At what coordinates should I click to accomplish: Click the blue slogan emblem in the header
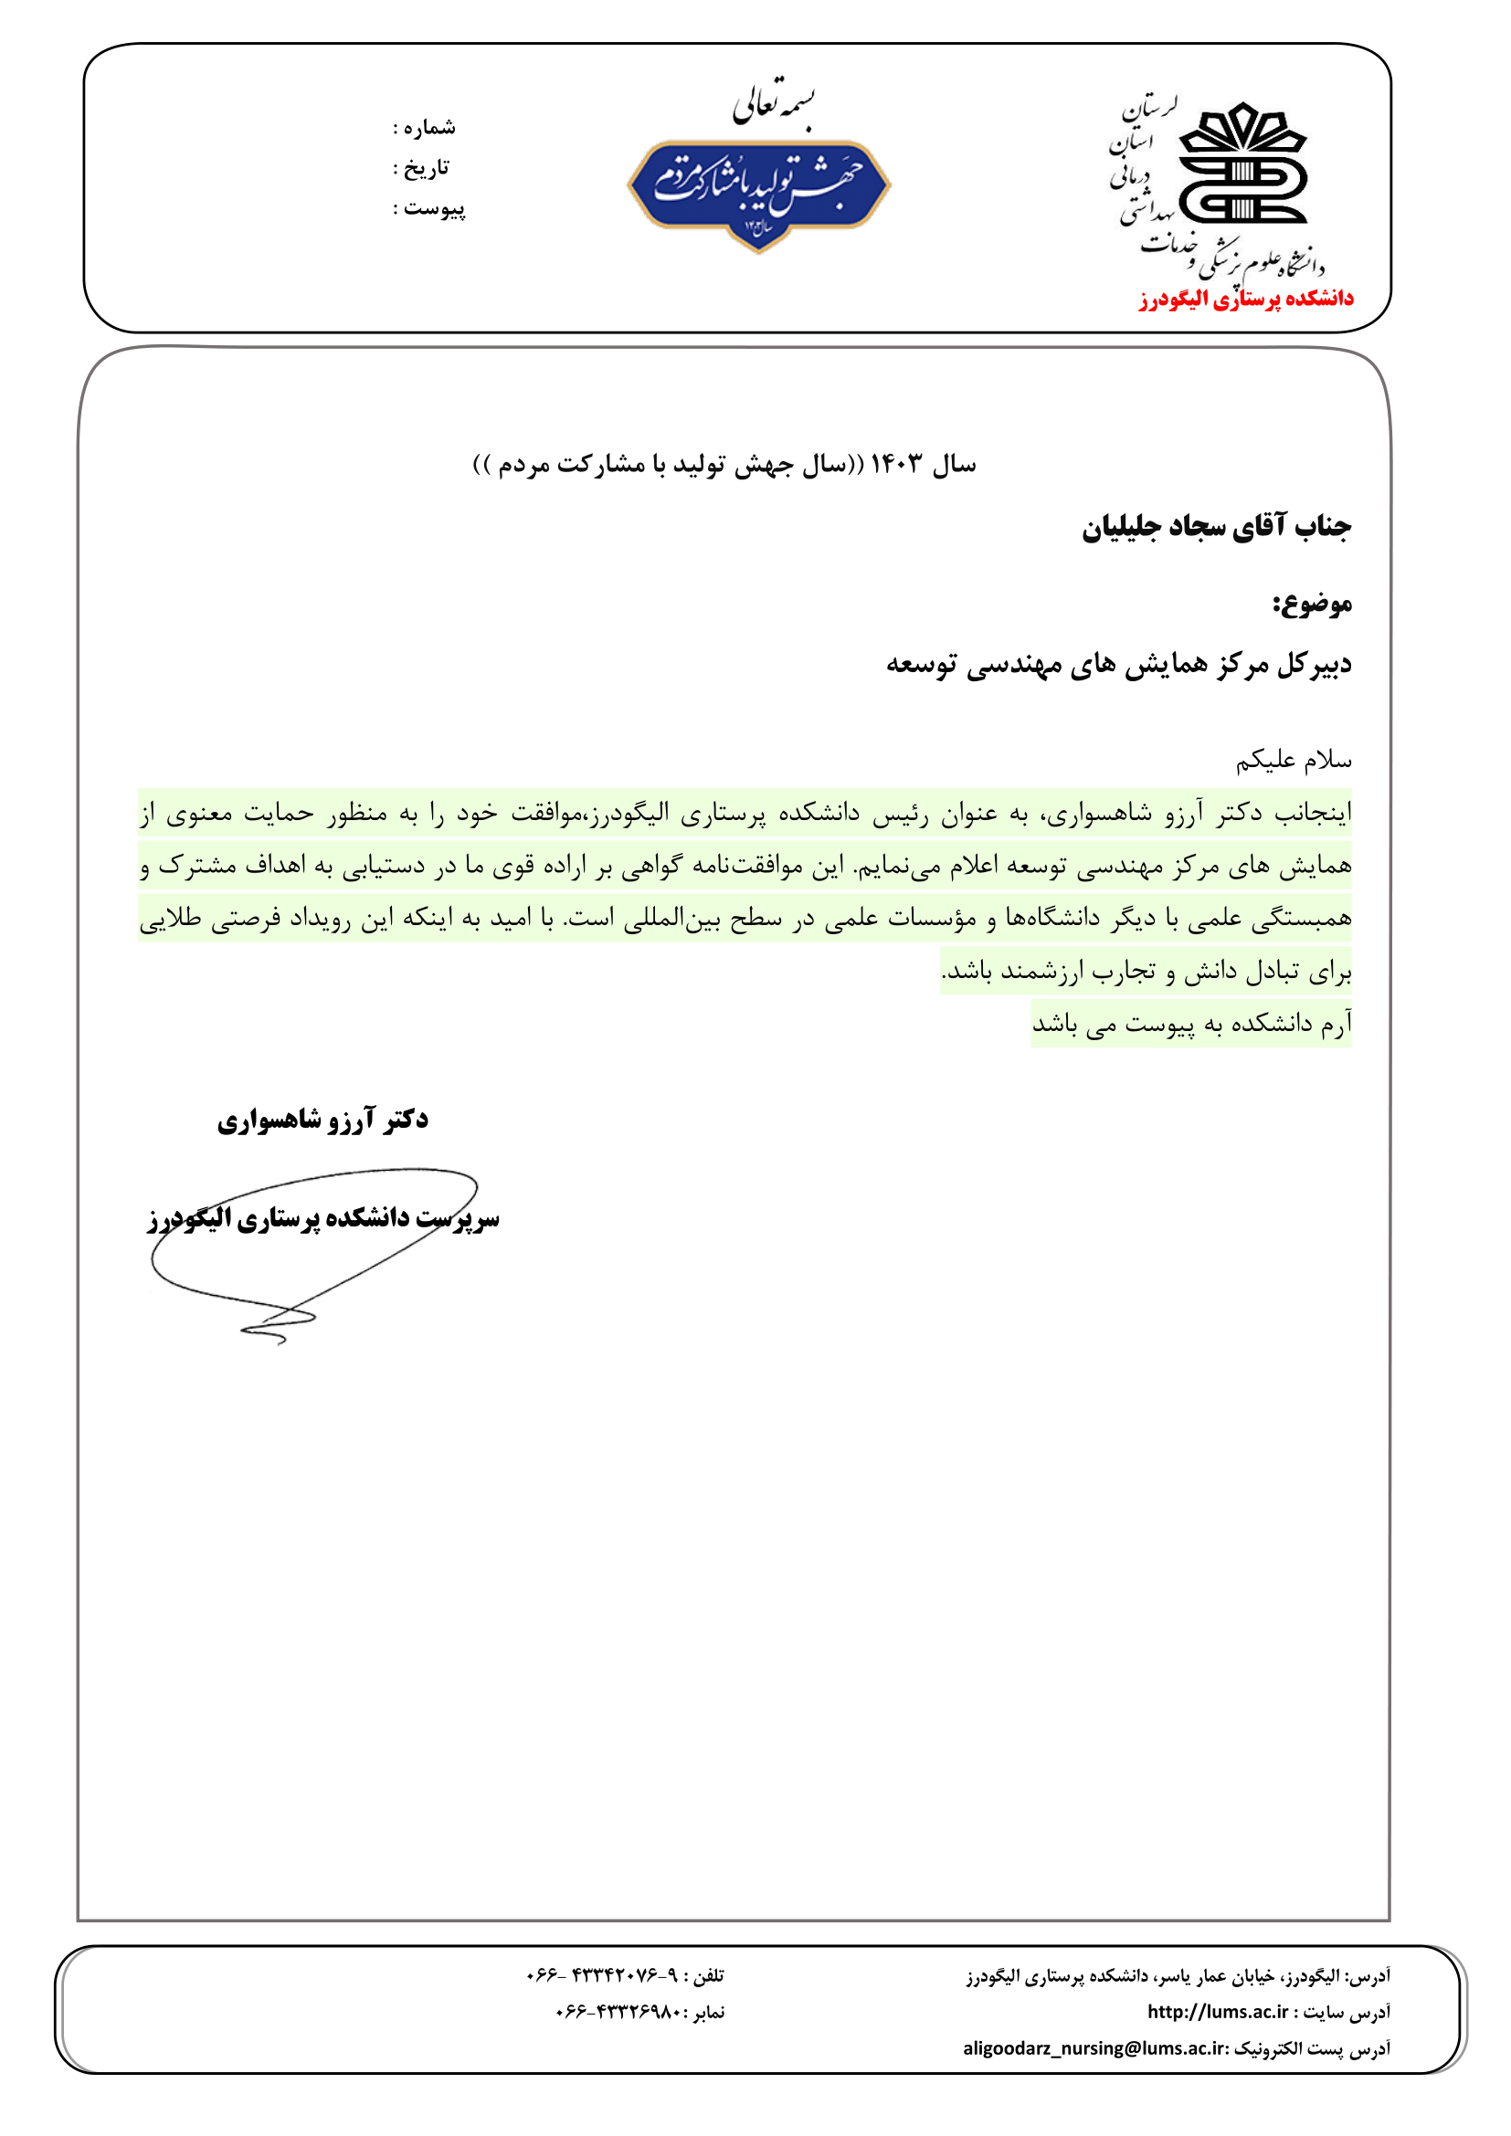(758, 191)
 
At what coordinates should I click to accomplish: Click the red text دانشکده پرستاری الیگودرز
(1246, 299)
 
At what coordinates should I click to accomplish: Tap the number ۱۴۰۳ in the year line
(897, 463)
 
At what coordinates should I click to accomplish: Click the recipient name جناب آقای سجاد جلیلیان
(1215, 528)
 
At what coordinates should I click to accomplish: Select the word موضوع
(1312, 605)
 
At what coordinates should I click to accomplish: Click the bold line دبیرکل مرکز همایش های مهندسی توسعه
(1118, 664)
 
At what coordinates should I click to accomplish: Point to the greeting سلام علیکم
(1294, 761)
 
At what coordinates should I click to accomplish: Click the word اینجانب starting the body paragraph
(1312, 813)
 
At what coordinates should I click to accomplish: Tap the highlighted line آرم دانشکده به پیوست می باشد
(1191, 1025)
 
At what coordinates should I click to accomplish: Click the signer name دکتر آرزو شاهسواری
(322, 1120)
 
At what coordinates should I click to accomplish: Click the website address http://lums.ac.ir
(1217, 2011)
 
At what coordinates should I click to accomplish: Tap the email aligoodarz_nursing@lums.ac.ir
(1095, 2047)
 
